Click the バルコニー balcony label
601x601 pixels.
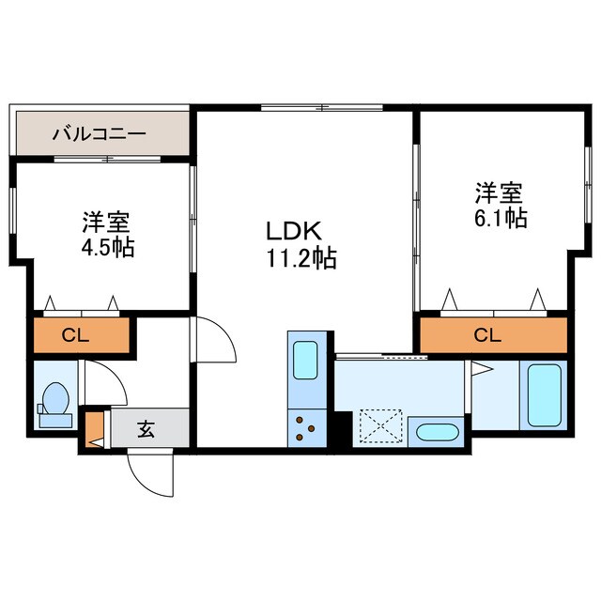pyautogui.click(x=99, y=134)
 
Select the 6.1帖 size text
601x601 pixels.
pyautogui.click(x=500, y=218)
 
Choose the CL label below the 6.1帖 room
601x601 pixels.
pyautogui.click(x=487, y=335)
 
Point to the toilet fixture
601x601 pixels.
pyautogui.click(x=55, y=400)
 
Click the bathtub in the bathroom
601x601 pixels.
pyautogui.click(x=544, y=395)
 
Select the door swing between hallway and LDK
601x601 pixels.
pyautogui.click(x=215, y=340)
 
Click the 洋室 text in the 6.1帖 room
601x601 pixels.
pyautogui.click(x=498, y=194)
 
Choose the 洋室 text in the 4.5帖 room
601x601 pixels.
pyautogui.click(x=104, y=223)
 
